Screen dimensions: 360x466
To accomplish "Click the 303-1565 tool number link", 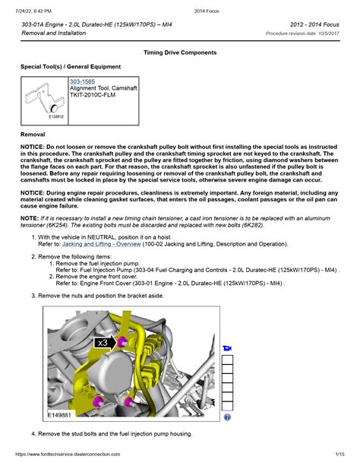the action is [82, 81].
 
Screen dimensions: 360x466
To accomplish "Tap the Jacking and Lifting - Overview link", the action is [101, 244].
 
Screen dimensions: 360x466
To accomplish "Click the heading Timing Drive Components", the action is [180, 52].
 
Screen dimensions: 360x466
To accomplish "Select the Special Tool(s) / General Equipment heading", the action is [71, 67].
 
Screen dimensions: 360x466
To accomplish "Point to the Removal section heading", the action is [33, 135].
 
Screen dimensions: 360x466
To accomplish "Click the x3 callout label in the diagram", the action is [103, 343].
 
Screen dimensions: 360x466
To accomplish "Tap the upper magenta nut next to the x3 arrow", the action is [122, 342].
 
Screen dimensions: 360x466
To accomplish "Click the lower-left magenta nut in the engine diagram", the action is [98, 401].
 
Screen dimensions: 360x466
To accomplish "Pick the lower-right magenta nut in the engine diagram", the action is [128, 402].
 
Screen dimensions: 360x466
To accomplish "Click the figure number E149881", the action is [59, 414].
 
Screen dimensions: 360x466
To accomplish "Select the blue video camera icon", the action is [227, 348].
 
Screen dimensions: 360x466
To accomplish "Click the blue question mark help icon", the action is [227, 417].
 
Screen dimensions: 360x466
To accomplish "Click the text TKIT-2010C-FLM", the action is [93, 95].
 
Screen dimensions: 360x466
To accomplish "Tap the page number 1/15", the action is [339, 454].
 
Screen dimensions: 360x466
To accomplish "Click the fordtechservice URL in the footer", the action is [68, 454].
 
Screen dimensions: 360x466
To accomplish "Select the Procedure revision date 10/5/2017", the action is [302, 33].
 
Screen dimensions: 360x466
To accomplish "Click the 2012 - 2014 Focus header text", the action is [314, 24].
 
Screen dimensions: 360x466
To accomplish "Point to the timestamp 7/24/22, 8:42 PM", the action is [33, 11].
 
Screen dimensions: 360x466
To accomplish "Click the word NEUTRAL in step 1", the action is [101, 237].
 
